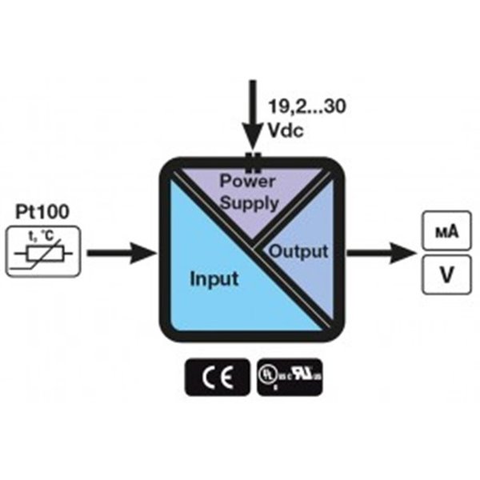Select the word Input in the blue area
(x=214, y=280)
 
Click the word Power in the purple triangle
(x=247, y=181)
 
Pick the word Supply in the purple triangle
(x=250, y=202)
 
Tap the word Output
(x=298, y=251)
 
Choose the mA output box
(x=445, y=232)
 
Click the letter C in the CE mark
(x=207, y=377)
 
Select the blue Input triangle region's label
(x=214, y=280)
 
